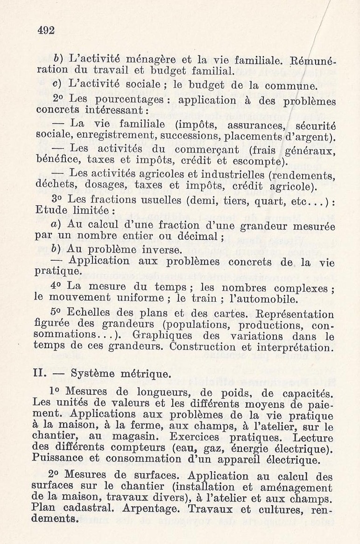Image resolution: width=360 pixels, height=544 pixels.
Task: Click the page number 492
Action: point(46,31)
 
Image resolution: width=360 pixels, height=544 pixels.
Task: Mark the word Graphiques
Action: point(162,336)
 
